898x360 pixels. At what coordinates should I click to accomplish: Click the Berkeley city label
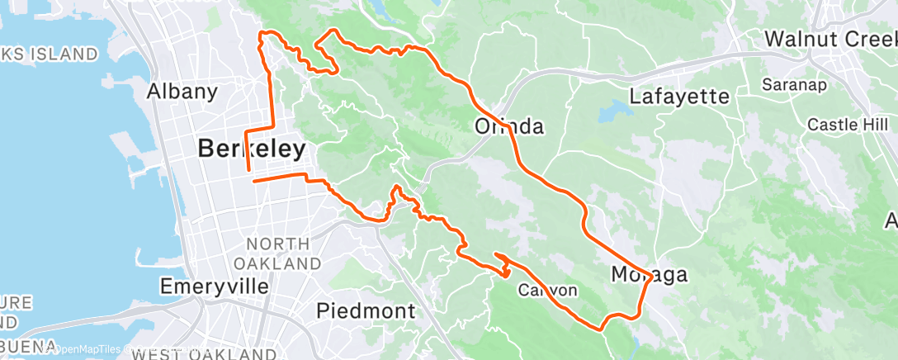pos(251,149)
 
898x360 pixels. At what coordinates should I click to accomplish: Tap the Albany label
pos(182,92)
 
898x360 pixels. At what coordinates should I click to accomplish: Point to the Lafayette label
pos(679,97)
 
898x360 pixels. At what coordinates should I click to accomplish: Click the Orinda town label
pos(510,126)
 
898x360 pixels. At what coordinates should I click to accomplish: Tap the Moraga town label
pos(650,273)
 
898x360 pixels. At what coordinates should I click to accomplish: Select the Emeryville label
pos(214,287)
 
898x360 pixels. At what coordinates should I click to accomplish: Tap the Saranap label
pos(789,84)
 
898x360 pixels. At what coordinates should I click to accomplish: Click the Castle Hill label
pos(839,124)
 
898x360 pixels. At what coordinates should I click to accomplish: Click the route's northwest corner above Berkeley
pos(262,34)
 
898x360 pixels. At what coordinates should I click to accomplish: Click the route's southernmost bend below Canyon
pos(601,328)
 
